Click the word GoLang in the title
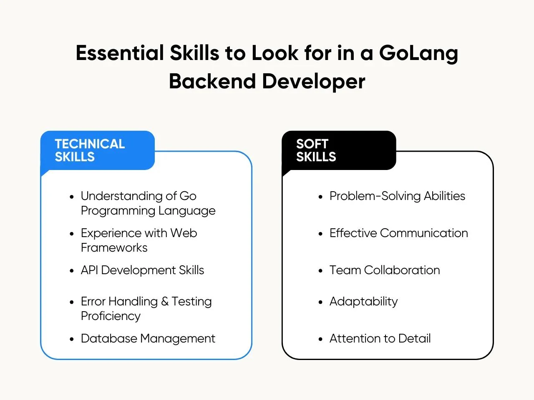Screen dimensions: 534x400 (x=418, y=54)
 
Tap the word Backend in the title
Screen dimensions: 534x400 (x=212, y=81)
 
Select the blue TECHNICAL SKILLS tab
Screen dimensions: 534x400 (x=98, y=150)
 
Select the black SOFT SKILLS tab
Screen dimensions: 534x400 (x=339, y=150)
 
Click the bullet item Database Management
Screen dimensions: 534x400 (x=148, y=339)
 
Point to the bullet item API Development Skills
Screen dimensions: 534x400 (x=142, y=270)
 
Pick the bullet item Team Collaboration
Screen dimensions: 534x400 (x=385, y=270)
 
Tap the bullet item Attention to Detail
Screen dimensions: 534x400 (x=380, y=339)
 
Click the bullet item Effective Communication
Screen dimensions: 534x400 (x=399, y=233)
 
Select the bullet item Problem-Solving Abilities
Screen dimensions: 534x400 (x=397, y=196)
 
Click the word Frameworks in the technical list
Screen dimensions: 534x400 (x=114, y=248)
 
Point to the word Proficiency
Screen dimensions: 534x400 (x=111, y=316)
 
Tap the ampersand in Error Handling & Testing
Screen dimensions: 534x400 (x=165, y=302)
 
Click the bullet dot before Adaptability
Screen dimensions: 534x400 (x=320, y=302)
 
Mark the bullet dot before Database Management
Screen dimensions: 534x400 (x=71, y=339)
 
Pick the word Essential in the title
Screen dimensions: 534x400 (x=120, y=53)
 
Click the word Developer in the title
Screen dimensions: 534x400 (x=314, y=82)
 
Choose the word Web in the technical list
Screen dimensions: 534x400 (x=184, y=233)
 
